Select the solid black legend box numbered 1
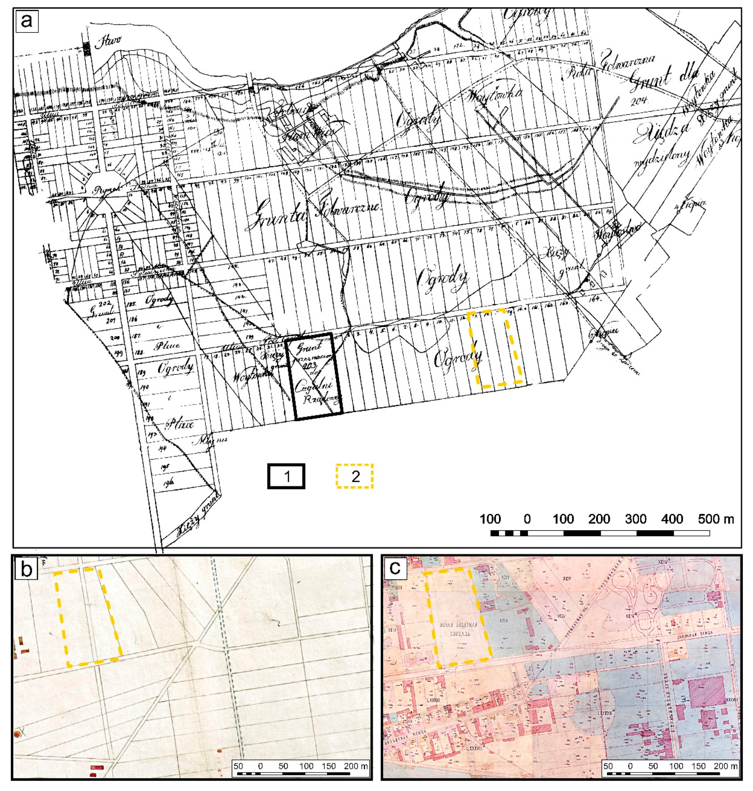[x=286, y=476]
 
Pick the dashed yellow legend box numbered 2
[x=355, y=476]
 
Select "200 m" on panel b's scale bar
[x=356, y=766]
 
